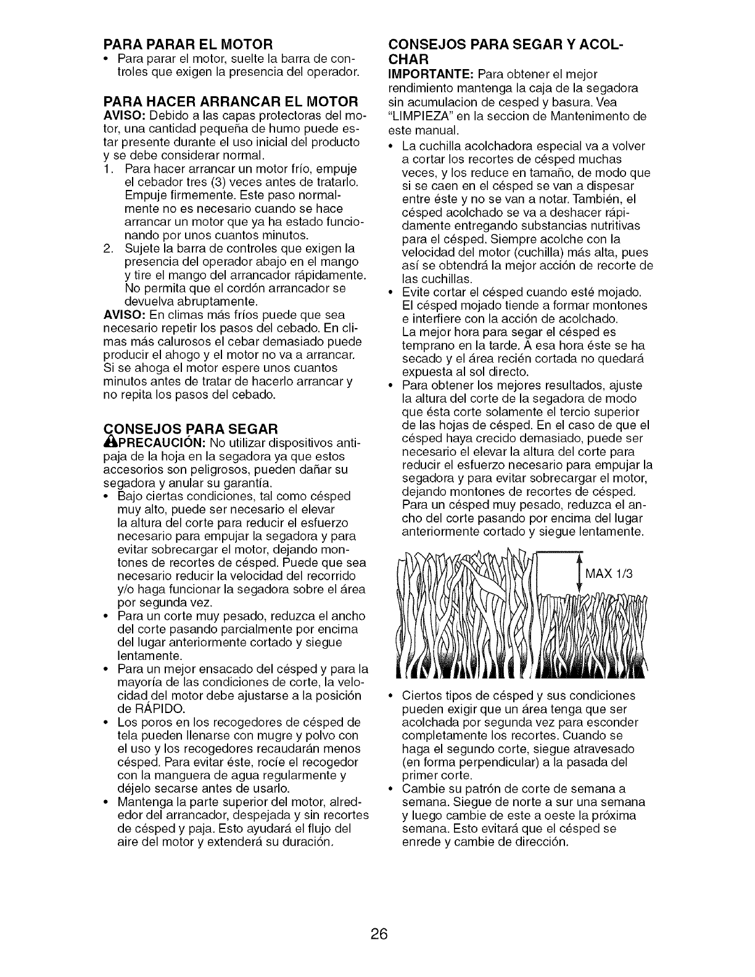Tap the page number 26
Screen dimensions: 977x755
tap(379, 934)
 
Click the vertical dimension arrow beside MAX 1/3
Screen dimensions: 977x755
tap(578, 575)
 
